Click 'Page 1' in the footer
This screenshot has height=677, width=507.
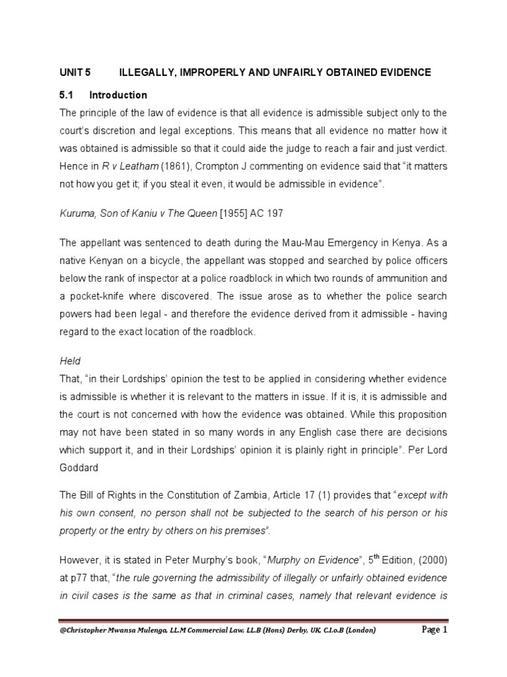[x=433, y=649]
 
